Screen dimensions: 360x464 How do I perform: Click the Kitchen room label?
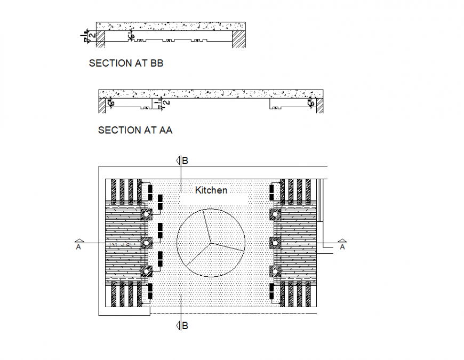211,190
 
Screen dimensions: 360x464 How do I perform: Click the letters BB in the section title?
156,63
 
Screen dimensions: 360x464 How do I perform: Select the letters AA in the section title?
165,130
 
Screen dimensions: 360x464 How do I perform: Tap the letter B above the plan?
185,160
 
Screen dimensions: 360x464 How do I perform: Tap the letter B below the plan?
185,325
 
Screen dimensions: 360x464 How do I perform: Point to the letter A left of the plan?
78,247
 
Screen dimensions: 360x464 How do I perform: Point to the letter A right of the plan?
342,247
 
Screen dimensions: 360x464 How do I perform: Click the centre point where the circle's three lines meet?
212,243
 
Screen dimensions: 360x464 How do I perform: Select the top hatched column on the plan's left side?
146,214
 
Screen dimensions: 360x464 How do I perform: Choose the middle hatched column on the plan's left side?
146,243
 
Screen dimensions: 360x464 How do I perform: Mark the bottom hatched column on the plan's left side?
146,271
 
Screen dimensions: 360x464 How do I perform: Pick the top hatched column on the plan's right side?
275,214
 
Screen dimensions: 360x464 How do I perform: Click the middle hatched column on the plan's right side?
275,243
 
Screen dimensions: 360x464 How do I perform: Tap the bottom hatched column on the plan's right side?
275,271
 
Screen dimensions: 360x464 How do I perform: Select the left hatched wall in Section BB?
99,38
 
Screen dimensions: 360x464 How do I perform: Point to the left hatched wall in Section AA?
101,106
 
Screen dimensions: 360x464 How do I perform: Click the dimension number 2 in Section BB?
93,35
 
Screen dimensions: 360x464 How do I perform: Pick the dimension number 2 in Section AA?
167,102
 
